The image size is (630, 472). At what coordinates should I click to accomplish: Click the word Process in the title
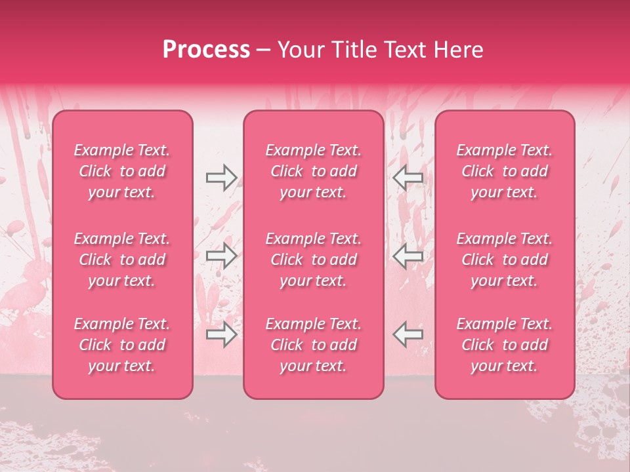206,50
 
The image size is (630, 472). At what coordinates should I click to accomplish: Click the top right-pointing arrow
221,178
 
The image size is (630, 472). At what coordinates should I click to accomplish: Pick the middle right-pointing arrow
221,256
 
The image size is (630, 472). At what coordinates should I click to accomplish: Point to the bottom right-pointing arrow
221,334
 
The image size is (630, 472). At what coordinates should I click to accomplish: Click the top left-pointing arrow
408,178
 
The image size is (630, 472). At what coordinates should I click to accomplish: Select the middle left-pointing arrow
408,256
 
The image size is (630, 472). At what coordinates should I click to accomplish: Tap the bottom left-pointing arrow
408,334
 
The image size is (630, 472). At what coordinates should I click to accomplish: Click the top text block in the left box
122,171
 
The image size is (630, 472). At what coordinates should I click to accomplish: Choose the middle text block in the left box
122,260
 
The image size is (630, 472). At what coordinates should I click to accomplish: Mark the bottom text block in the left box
122,345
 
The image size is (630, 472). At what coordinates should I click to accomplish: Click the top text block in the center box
313,171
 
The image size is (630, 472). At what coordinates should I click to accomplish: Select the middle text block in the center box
313,260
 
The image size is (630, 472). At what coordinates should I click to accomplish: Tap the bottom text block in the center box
313,345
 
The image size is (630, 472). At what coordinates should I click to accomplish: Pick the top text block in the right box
505,171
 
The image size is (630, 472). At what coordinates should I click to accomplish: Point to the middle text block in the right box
505,260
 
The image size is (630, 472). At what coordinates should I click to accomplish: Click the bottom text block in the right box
505,345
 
